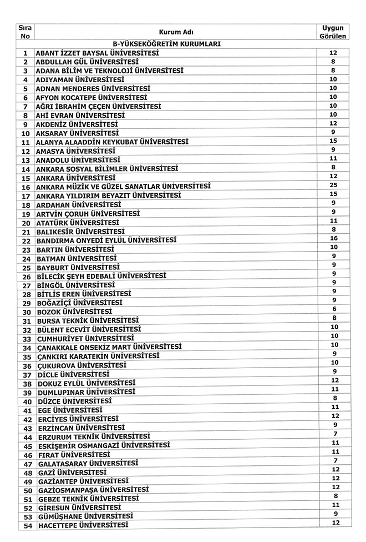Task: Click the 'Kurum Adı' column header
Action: coord(175,32)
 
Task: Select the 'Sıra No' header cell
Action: coord(25,32)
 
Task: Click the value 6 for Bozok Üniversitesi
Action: coord(334,309)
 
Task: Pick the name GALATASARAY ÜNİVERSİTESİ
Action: coord(89,463)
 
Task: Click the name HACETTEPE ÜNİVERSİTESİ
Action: coord(83,525)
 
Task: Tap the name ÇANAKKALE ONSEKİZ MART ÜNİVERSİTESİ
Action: coord(109,348)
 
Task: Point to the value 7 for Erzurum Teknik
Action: coord(334,434)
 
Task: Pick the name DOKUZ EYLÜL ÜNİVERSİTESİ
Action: coord(86,383)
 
